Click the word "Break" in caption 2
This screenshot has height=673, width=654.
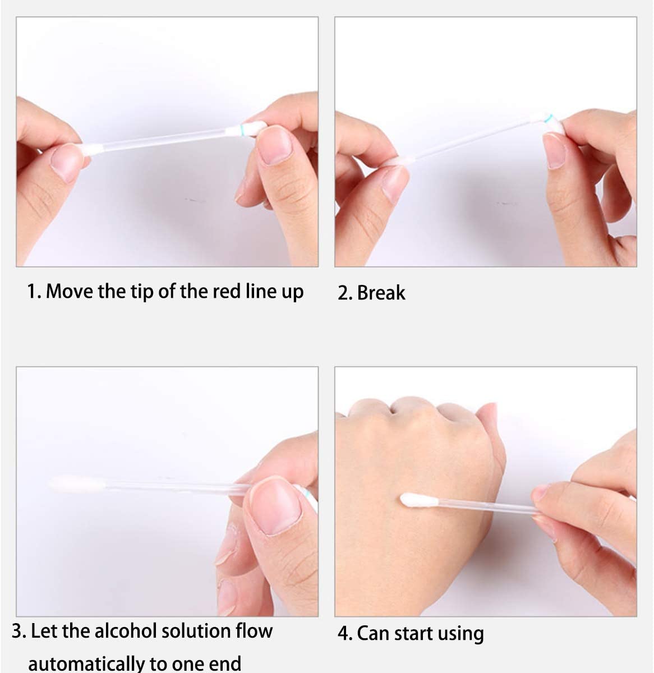[381, 293]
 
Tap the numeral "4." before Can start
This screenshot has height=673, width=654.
[345, 634]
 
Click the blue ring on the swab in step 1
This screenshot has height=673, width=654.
[241, 131]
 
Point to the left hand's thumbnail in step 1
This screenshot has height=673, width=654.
[66, 163]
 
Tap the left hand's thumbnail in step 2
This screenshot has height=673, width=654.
[395, 183]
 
